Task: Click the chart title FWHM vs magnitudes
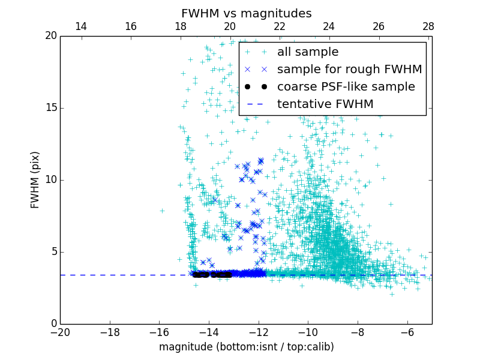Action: pyautogui.click(x=246, y=13)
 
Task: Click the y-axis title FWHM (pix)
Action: pyautogui.click(x=35, y=179)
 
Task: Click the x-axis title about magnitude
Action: pyautogui.click(x=246, y=347)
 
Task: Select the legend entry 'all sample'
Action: pyautogui.click(x=308, y=52)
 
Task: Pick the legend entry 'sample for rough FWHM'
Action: pyautogui.click(x=349, y=70)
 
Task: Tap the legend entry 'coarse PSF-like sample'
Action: pyautogui.click(x=346, y=87)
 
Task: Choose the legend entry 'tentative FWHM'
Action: pyautogui.click(x=325, y=104)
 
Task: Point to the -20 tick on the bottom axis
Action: pyautogui.click(x=60, y=332)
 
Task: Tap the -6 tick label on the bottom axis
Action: pyautogui.click(x=407, y=332)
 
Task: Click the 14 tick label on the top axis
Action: pyautogui.click(x=80, y=26)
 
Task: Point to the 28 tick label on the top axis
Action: pyautogui.click(x=428, y=26)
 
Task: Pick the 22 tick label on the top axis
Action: pyautogui.click(x=279, y=26)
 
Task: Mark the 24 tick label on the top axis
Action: pyautogui.click(x=329, y=26)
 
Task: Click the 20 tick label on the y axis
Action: pyautogui.click(x=50, y=36)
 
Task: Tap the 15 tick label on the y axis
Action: pyautogui.click(x=50, y=108)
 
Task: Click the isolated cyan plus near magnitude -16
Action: pyautogui.click(x=162, y=211)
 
